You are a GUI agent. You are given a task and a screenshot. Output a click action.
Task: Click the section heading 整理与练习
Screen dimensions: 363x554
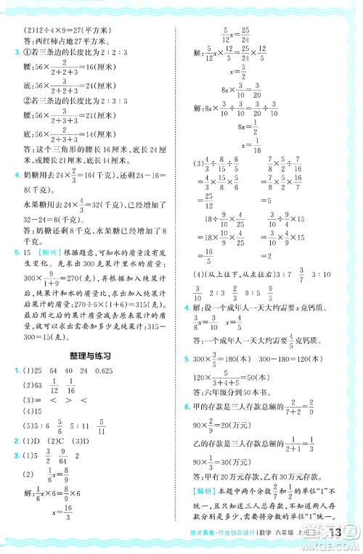coord(86,356)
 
